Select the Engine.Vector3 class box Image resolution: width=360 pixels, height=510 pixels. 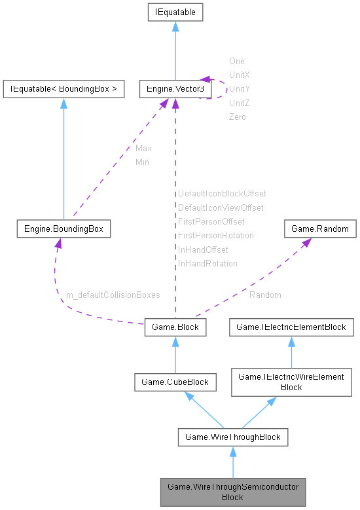(175, 88)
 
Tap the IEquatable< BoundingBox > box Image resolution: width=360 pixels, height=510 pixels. (63, 88)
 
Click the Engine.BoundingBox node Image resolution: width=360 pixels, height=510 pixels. (63, 229)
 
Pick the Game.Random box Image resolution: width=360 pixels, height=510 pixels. (320, 229)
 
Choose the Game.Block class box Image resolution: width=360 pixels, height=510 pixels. (175, 326)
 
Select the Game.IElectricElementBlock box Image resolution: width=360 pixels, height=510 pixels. (291, 326)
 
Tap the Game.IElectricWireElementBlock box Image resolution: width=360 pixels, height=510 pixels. (291, 382)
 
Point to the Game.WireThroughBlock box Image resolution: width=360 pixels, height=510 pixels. (232, 437)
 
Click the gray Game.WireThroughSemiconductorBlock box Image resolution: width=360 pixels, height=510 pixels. (232, 492)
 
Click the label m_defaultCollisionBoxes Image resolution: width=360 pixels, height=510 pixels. (113, 295)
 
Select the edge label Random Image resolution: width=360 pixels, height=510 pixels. (265, 295)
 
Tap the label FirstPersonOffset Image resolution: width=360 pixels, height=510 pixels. (211, 222)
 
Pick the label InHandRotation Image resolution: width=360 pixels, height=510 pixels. (207, 264)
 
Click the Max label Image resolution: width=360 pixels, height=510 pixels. (143, 149)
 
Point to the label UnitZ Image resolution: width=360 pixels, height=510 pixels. (239, 103)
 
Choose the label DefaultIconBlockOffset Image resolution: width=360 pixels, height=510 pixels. (222, 194)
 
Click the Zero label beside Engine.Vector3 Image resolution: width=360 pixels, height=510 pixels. (237, 117)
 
